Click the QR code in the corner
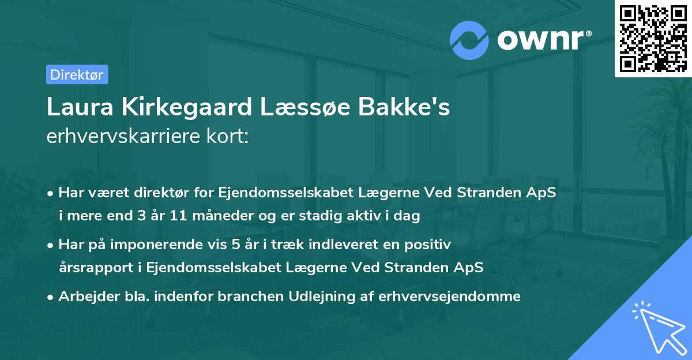click(x=653, y=38)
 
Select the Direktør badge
click(x=77, y=74)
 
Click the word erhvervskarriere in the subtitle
click(x=124, y=136)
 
